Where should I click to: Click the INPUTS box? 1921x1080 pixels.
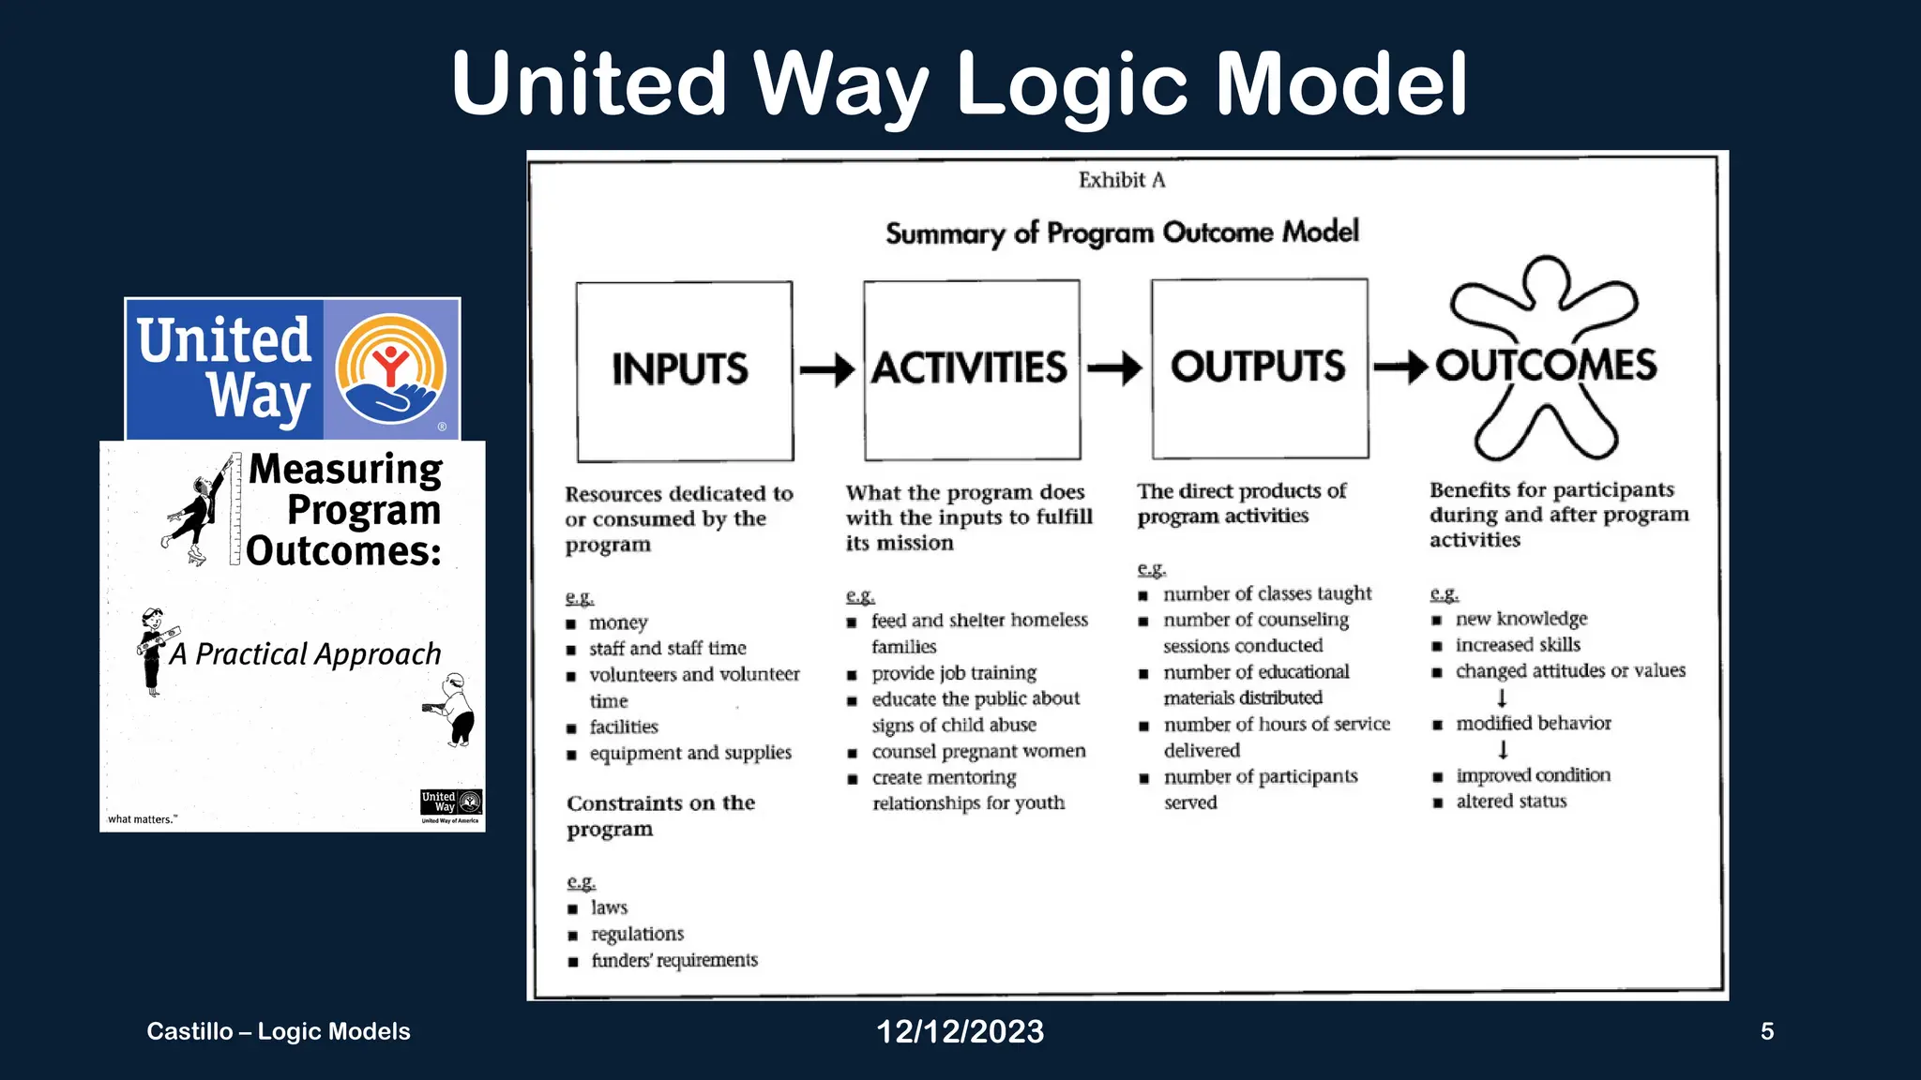[684, 370]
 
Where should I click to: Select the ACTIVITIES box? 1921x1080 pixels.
[971, 369]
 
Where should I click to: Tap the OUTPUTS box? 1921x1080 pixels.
[1259, 367]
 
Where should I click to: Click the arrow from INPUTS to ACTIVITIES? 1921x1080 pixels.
[827, 370]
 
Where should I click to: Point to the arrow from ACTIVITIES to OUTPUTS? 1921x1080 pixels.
[1114, 368]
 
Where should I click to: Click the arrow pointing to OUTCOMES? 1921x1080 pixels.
[1401, 367]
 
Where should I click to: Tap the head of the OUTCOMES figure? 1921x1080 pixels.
[1545, 279]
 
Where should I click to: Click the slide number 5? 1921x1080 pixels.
[1767, 1031]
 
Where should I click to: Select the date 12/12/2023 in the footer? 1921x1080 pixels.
[960, 1031]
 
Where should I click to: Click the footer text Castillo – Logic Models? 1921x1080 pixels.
[279, 1031]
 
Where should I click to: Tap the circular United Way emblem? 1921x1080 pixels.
[391, 369]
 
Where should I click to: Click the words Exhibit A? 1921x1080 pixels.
[1122, 180]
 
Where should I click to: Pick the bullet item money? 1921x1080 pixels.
[618, 622]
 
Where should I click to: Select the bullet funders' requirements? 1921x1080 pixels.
[673, 960]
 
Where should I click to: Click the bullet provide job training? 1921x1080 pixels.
[953, 673]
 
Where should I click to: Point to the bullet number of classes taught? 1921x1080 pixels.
[1266, 593]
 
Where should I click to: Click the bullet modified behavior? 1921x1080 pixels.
[1533, 723]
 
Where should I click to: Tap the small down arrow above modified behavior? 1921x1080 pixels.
[1502, 697]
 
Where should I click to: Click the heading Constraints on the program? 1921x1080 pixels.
[659, 816]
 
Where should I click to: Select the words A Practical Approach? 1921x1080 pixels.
[305, 653]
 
